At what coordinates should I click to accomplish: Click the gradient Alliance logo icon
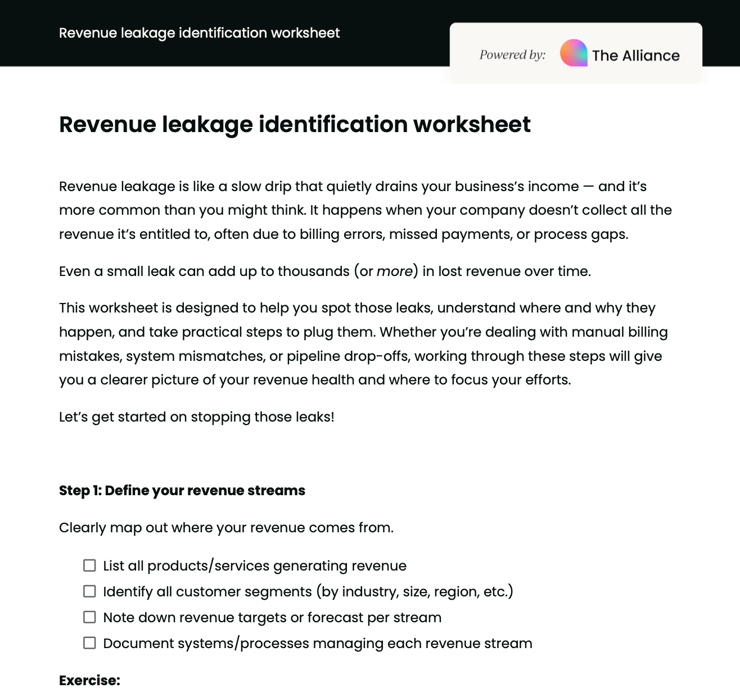(574, 53)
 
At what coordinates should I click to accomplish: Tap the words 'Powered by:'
(512, 55)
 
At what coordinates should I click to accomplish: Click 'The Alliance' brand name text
(635, 56)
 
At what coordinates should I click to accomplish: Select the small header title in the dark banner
(199, 33)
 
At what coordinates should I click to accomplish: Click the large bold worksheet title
(295, 124)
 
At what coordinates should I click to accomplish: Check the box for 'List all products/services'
(89, 565)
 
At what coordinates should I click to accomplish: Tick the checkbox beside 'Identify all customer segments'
(89, 591)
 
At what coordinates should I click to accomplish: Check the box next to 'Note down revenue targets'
(89, 617)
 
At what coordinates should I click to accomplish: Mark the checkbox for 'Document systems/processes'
(89, 643)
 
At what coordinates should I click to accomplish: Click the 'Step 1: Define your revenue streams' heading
(182, 491)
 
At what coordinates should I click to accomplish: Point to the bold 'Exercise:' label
(89, 681)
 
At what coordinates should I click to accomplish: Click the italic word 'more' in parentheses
(394, 271)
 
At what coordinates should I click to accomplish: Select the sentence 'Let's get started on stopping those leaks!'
(196, 417)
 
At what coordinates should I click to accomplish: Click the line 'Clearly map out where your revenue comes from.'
(226, 528)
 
